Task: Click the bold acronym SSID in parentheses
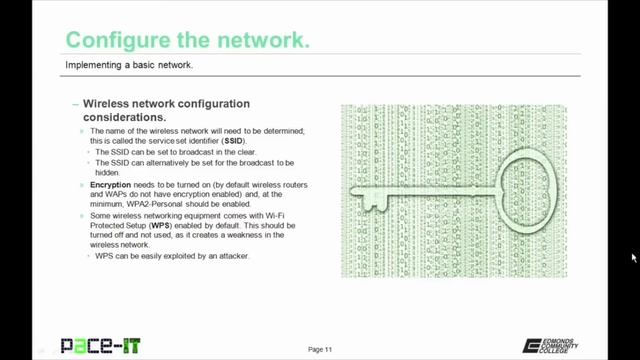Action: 233,141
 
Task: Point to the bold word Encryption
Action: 111,184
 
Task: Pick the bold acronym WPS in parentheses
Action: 160,225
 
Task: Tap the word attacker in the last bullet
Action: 234,256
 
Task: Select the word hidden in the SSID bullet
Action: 107,172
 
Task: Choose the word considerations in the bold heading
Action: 124,118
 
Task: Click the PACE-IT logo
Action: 101,346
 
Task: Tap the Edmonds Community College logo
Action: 550,346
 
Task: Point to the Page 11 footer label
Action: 320,349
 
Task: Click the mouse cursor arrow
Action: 634,258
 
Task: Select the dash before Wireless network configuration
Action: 76,104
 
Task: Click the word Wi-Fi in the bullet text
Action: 275,216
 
